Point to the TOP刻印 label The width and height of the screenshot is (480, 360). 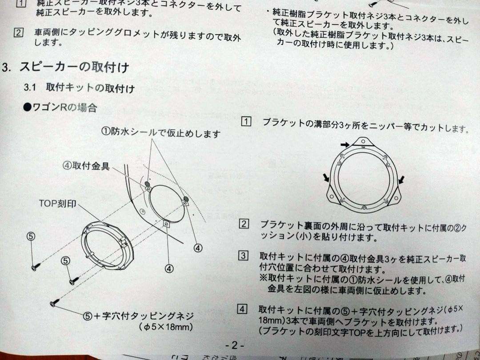[58, 204]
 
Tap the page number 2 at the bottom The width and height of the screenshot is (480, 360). [235, 345]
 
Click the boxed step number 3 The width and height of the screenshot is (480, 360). [243, 256]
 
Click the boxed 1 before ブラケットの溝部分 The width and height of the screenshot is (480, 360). [246, 121]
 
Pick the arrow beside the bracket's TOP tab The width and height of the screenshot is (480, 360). [345, 144]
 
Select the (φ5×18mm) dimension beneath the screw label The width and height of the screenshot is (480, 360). [165, 328]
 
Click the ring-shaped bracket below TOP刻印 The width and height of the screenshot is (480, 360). [106, 245]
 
